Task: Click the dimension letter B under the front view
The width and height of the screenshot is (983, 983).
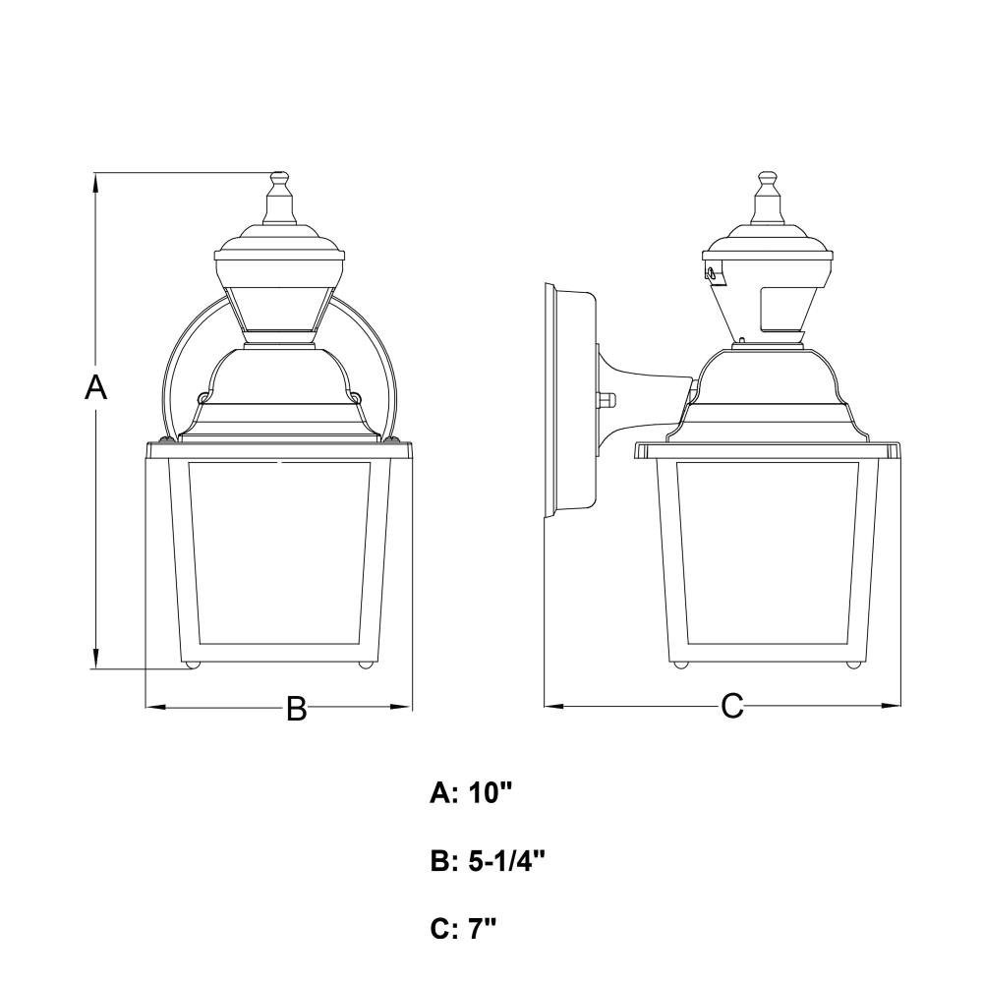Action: point(297,708)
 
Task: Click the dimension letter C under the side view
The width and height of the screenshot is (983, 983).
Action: point(731,706)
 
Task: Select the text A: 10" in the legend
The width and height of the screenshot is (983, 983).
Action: point(472,793)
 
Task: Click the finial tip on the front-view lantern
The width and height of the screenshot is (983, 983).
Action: point(279,173)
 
